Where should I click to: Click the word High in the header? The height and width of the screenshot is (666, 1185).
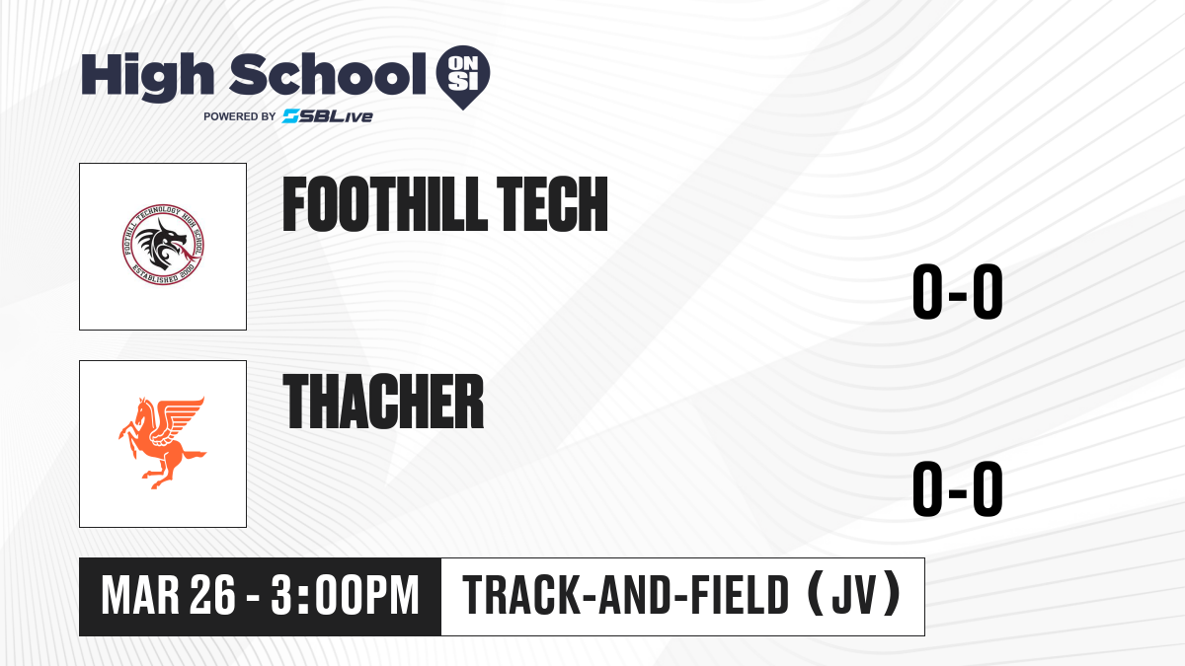(147, 77)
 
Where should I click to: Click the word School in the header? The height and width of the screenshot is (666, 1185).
(328, 73)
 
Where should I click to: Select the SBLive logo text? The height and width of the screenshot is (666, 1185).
(328, 116)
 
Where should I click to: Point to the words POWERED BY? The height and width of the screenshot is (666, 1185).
(240, 116)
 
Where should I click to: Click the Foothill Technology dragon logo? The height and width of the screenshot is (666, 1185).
(163, 245)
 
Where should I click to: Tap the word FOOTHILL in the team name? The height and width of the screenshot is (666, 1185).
(384, 204)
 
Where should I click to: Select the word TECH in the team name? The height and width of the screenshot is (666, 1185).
(553, 204)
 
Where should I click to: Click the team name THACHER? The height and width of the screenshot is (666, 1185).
(383, 402)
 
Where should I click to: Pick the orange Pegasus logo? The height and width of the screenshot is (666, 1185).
(162, 443)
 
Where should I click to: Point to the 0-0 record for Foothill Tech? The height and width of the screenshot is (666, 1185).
(958, 291)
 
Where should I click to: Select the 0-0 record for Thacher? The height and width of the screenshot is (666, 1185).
(958, 488)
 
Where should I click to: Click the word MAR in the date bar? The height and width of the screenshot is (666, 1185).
(140, 596)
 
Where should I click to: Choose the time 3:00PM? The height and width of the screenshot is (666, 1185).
(345, 596)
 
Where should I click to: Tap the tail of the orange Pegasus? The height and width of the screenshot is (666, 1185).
(194, 455)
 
